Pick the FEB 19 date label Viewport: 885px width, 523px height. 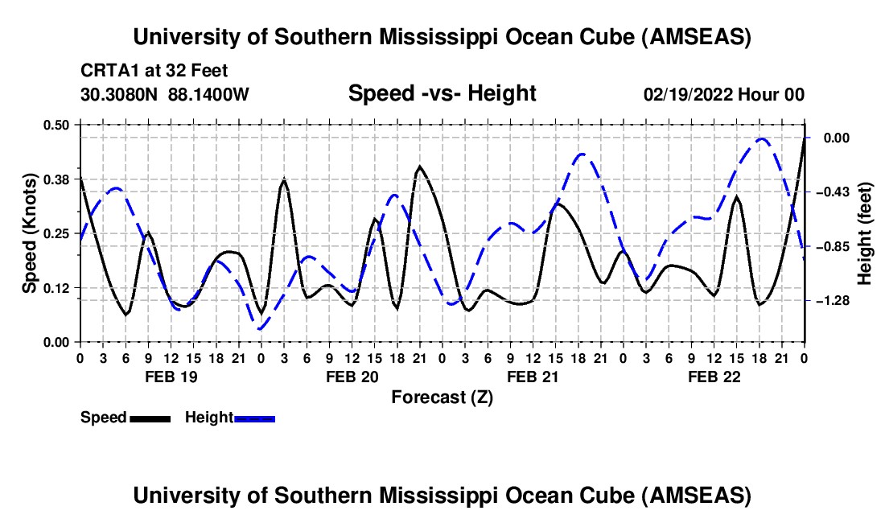click(170, 377)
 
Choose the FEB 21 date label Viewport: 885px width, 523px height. click(533, 377)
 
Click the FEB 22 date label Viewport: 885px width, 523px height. click(714, 377)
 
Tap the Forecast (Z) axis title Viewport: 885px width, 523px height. click(442, 397)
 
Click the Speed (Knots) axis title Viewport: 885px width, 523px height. click(29, 233)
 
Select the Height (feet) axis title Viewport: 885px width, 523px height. click(865, 233)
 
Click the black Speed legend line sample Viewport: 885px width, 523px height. click(150, 418)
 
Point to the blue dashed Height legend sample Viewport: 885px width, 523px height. click(255, 418)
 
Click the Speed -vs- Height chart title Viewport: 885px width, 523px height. click(442, 93)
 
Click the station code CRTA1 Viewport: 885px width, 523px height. click(105, 71)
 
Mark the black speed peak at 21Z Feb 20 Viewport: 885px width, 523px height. click(419, 167)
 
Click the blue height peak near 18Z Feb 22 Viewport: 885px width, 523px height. click(761, 138)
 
